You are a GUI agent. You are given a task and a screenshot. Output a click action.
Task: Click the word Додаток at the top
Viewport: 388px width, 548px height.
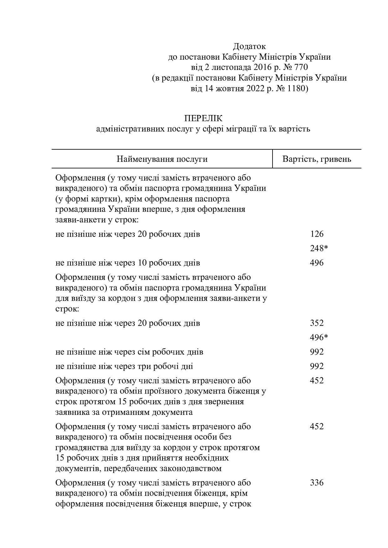[x=249, y=47]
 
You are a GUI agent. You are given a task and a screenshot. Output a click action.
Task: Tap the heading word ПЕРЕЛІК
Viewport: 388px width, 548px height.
[x=203, y=118]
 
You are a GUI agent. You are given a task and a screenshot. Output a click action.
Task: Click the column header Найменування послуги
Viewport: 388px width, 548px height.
[x=162, y=159]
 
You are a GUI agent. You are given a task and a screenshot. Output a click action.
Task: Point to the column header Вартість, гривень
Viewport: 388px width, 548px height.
[x=317, y=159]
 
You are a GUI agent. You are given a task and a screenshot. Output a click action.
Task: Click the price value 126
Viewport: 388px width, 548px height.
[x=317, y=234]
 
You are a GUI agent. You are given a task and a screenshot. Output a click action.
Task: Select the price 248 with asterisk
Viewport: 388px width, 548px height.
[x=319, y=248]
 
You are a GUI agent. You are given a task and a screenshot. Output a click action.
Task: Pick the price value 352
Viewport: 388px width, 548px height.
[x=317, y=323]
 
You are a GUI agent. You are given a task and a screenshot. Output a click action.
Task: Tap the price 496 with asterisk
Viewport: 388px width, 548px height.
[x=319, y=337]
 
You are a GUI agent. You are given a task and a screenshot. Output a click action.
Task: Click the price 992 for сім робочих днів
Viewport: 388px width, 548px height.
[x=317, y=352]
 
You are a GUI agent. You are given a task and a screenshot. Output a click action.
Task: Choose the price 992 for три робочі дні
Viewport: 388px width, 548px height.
[x=317, y=366]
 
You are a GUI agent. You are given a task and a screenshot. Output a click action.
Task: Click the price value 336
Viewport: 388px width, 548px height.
[x=317, y=483]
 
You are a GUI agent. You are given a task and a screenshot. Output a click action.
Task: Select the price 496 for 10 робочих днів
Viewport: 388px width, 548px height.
[x=317, y=263]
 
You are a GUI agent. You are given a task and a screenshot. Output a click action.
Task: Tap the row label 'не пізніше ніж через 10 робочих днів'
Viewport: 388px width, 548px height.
[x=128, y=263]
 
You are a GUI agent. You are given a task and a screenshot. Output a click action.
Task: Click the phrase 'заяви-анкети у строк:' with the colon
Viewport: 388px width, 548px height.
[x=97, y=220]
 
